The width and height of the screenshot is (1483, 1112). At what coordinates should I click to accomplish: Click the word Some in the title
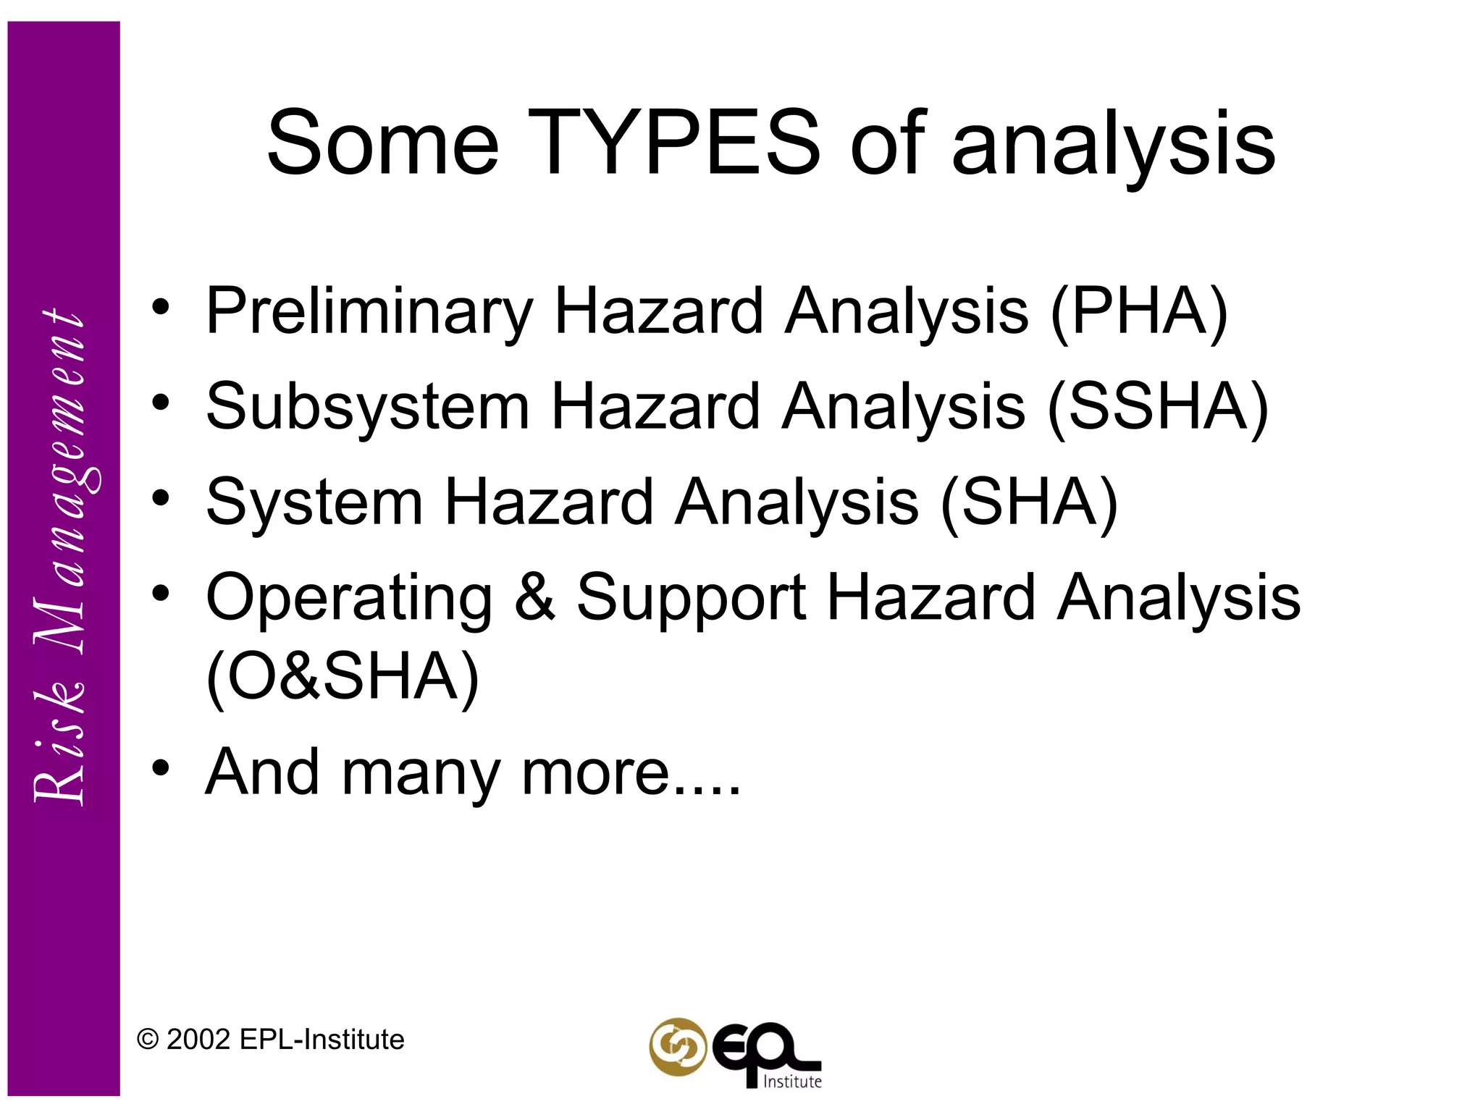(382, 143)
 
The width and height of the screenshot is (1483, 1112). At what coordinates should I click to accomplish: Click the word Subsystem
(368, 407)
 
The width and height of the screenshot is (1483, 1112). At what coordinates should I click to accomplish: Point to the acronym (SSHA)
(1158, 407)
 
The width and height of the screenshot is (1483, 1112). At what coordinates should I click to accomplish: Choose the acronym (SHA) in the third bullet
(1029, 502)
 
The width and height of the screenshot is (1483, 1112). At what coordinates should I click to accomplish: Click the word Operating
(349, 598)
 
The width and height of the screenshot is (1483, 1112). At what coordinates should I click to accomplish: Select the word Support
(691, 598)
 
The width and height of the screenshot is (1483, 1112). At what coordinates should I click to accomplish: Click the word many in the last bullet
(421, 772)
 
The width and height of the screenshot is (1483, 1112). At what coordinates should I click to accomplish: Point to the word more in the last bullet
(595, 772)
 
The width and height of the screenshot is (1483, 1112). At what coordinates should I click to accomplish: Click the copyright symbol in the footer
(148, 1040)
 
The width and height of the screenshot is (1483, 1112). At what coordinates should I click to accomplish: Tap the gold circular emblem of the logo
(677, 1047)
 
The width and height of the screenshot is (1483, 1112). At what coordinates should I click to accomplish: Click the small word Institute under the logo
(793, 1082)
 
